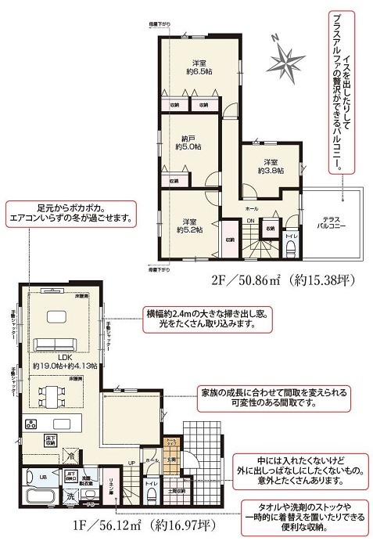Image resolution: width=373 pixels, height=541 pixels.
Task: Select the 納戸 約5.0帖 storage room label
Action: click(x=188, y=141)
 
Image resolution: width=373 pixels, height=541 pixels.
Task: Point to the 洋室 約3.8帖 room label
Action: click(x=270, y=165)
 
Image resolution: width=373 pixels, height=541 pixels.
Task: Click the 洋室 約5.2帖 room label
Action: click(x=188, y=225)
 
